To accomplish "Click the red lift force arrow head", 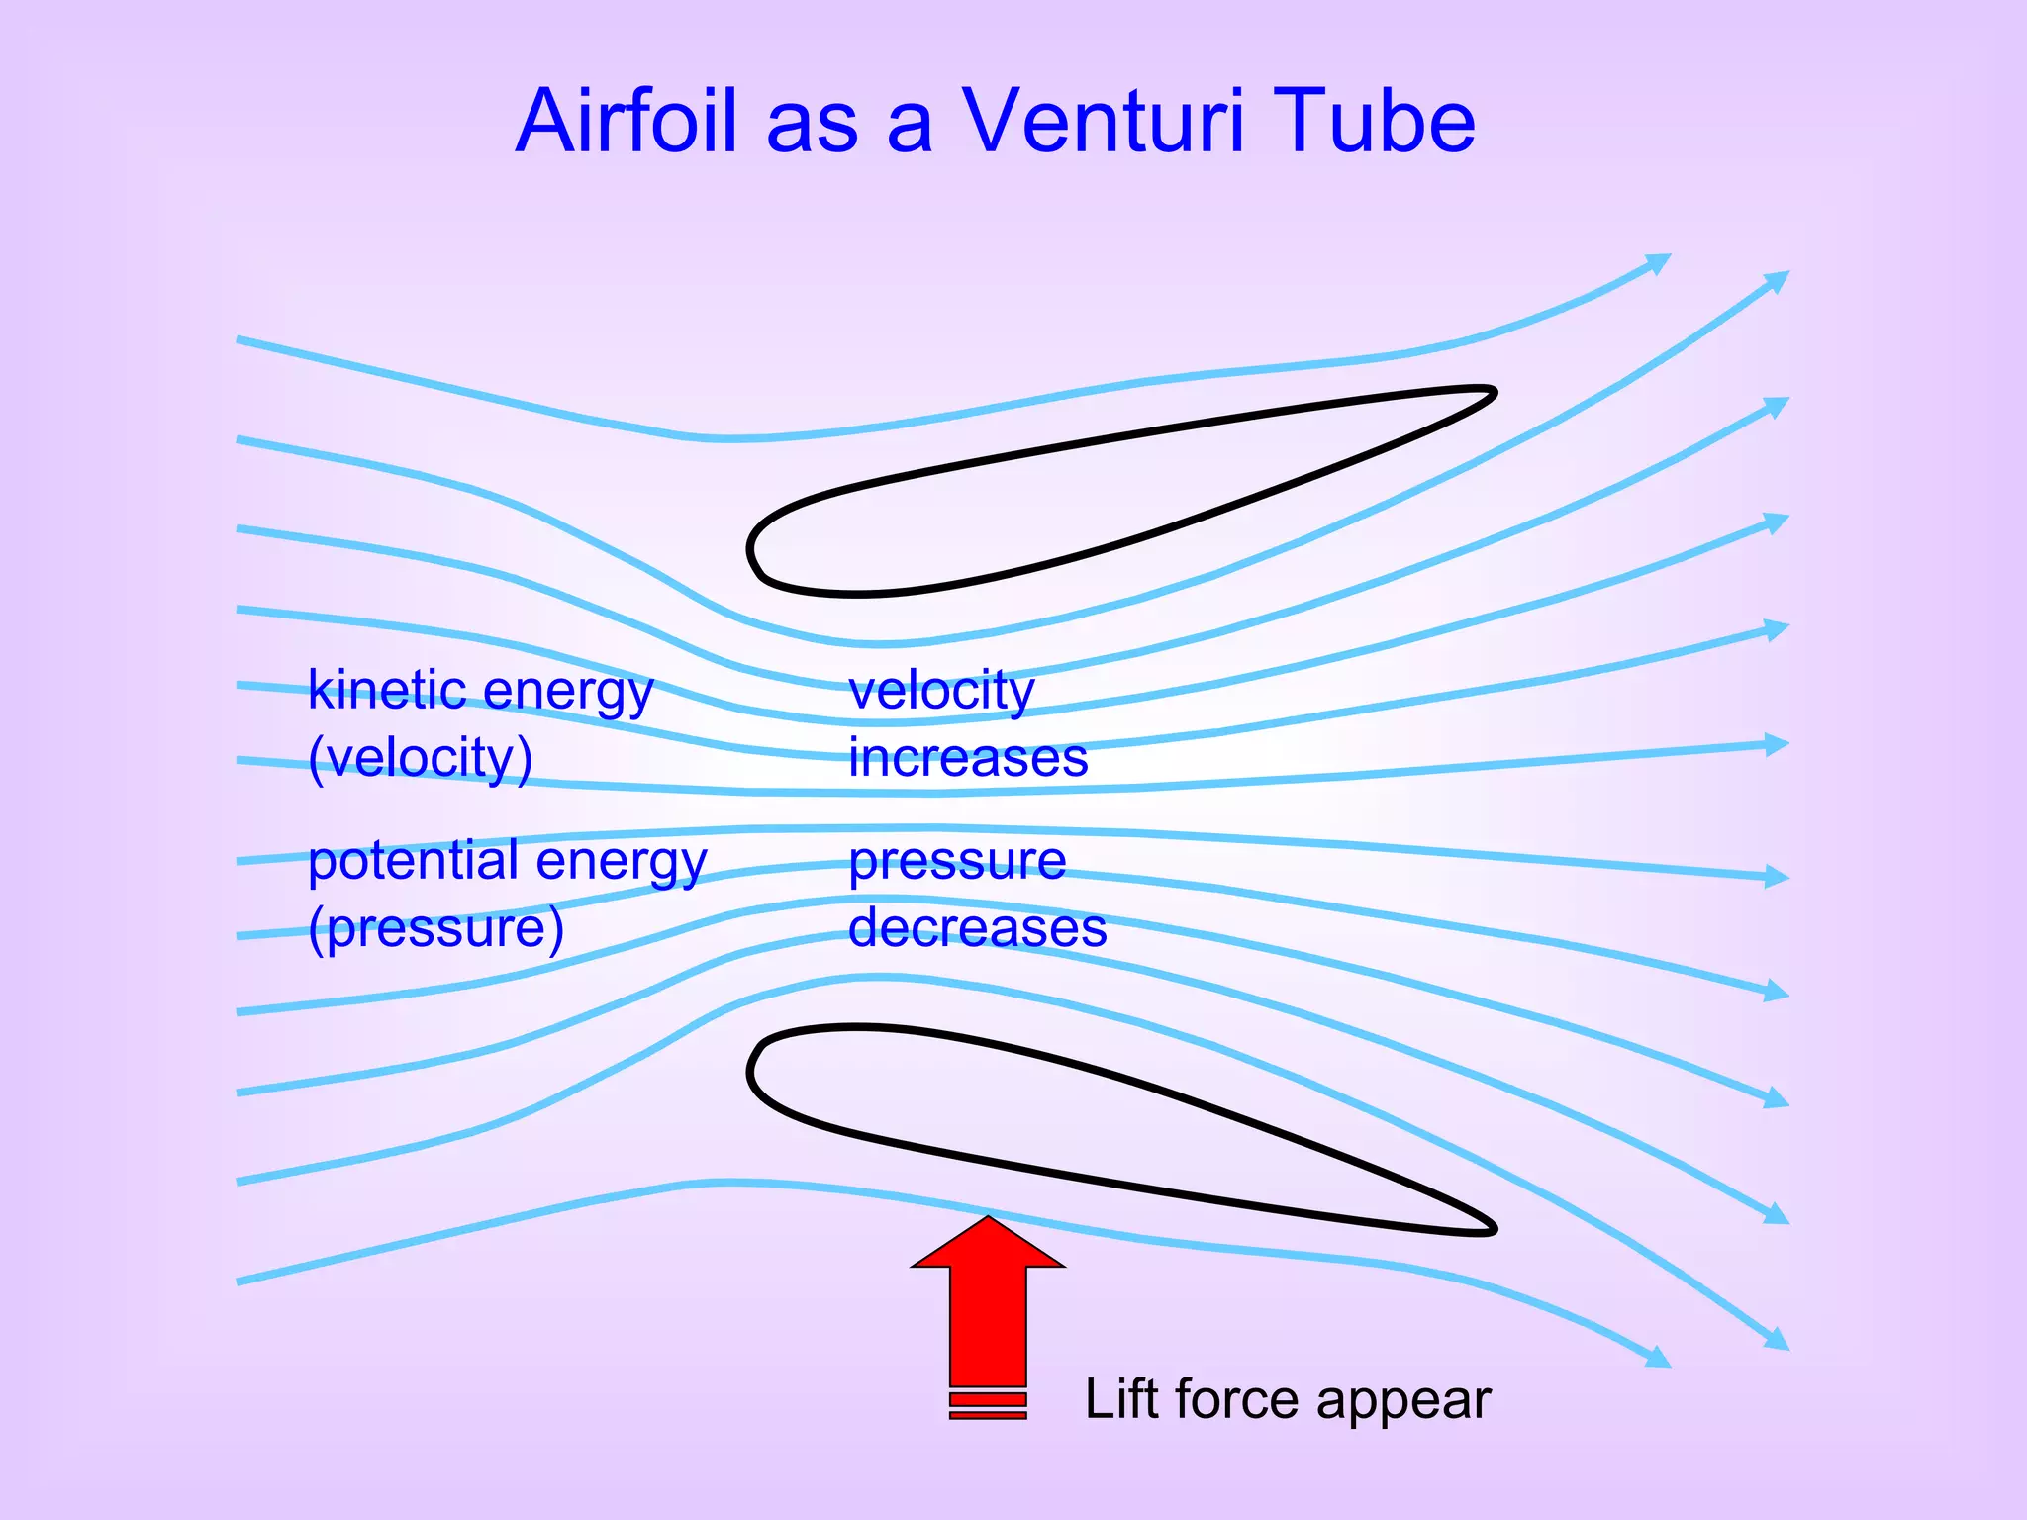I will tap(988, 1244).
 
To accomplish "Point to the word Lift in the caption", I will tap(1122, 1399).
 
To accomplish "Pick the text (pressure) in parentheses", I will tap(435, 929).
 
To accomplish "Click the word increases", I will tap(968, 759).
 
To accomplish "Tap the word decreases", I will tap(977, 929).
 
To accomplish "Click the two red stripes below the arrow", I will tap(988, 1406).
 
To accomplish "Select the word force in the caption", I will tap(1237, 1399).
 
